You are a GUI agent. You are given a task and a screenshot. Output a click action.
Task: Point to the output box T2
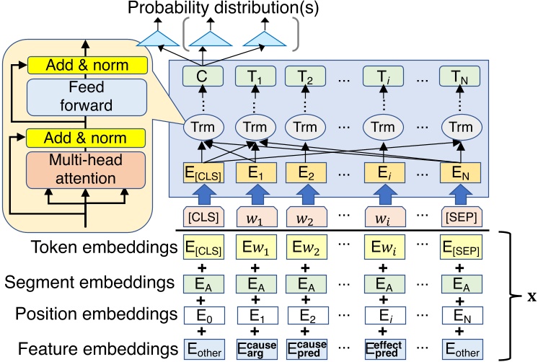[x=304, y=74]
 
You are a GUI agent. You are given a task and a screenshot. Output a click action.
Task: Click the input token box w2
[x=304, y=217]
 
